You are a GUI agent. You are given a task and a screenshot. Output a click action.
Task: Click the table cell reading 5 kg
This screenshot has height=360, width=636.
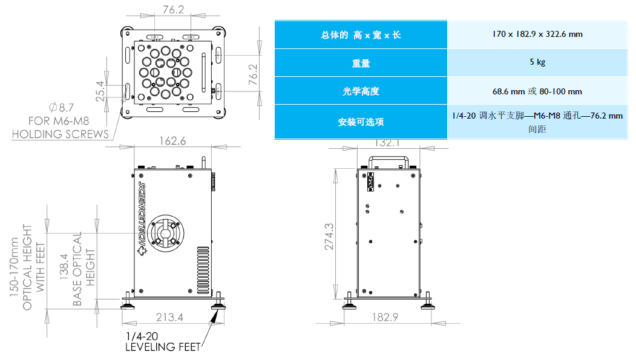click(x=537, y=62)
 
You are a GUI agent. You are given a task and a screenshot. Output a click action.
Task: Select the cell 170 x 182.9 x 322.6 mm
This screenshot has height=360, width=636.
click(x=537, y=34)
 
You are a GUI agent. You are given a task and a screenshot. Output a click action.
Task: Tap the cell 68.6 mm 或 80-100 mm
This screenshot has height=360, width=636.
click(x=537, y=91)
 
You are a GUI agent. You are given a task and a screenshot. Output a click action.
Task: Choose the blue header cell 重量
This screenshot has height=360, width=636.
click(x=361, y=62)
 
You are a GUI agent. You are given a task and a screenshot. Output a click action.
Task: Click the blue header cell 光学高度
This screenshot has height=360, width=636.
click(x=361, y=91)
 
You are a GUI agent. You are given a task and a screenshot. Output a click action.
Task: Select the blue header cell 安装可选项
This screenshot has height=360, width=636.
click(x=361, y=122)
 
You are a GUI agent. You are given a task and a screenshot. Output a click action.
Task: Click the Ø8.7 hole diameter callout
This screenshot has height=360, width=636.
click(x=61, y=108)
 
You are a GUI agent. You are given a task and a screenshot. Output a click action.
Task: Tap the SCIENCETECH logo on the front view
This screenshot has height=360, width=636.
click(x=143, y=212)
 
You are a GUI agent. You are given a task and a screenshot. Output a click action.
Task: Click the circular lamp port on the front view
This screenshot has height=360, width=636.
click(x=166, y=233)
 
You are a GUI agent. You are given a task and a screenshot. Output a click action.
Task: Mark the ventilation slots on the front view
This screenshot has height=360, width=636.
click(x=202, y=269)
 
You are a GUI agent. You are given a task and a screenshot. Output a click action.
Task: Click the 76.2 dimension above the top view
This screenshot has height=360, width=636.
click(x=174, y=10)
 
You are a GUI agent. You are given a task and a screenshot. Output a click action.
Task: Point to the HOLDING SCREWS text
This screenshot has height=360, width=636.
click(x=61, y=134)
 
